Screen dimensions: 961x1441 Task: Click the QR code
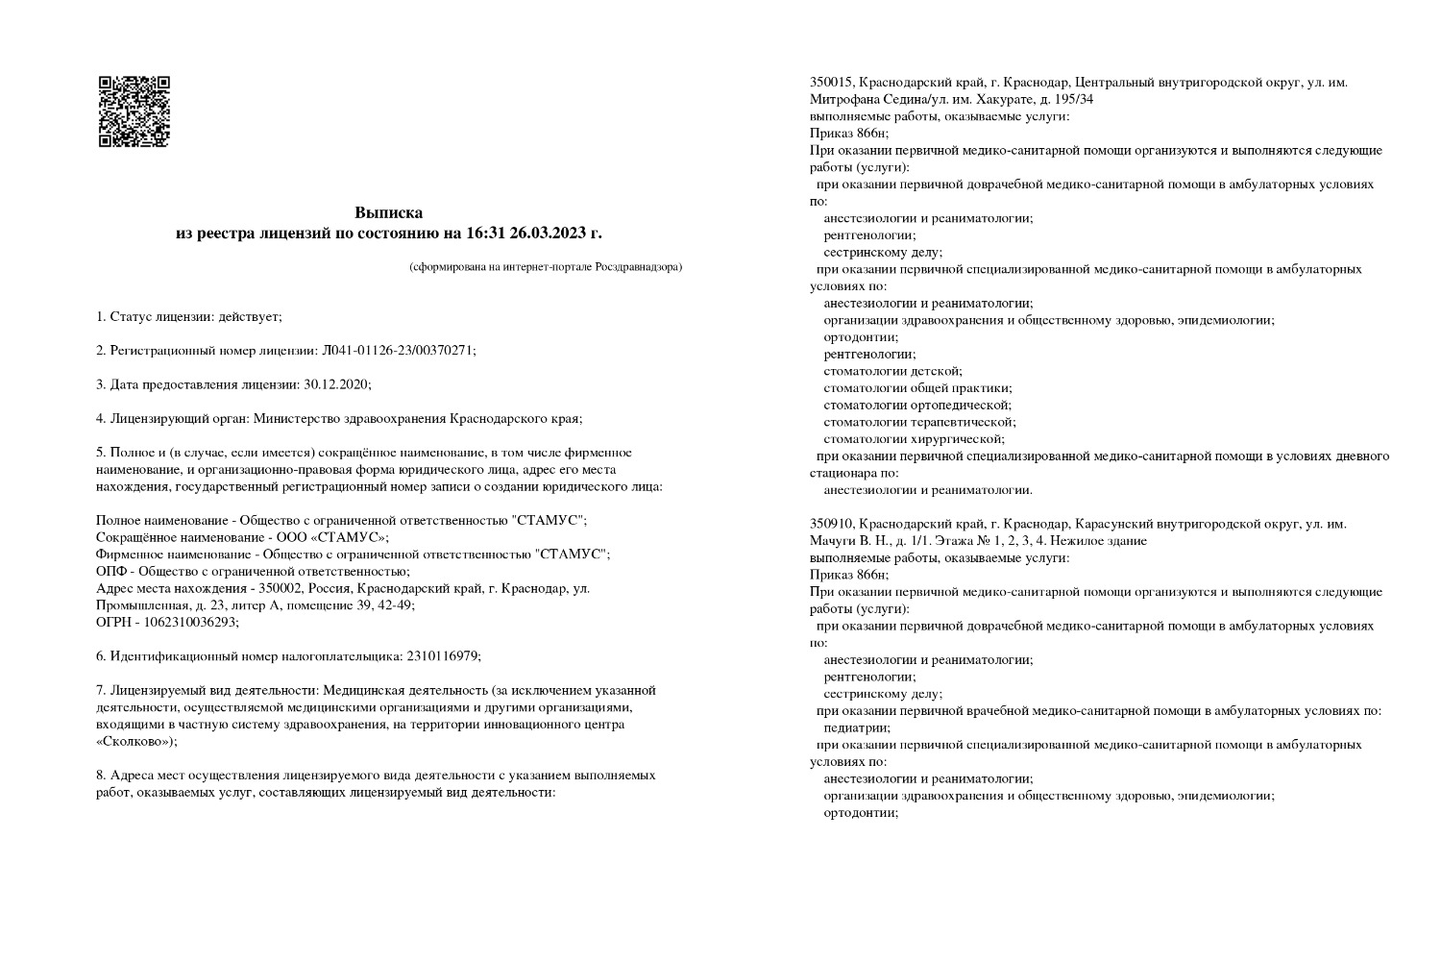(x=134, y=111)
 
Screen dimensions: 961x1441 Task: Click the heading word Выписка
(x=388, y=212)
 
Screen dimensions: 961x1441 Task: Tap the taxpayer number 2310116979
(x=436, y=656)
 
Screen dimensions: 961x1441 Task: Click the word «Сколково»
(x=135, y=742)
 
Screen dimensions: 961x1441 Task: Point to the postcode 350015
(x=831, y=83)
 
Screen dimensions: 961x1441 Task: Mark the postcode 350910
(x=831, y=524)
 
